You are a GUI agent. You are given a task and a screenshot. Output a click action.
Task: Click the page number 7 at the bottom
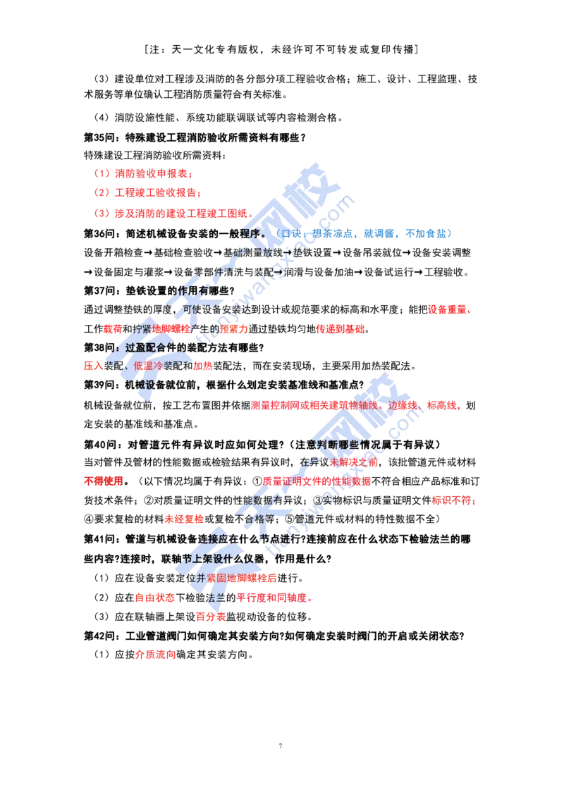pyautogui.click(x=280, y=746)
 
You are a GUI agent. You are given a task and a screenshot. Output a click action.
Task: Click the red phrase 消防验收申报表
pyautogui.click(x=151, y=174)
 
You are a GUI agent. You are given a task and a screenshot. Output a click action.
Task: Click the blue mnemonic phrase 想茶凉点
pyautogui.click(x=333, y=233)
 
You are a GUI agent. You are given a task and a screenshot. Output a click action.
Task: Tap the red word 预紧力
pyautogui.click(x=234, y=329)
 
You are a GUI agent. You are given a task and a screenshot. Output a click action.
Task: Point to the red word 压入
pyautogui.click(x=94, y=366)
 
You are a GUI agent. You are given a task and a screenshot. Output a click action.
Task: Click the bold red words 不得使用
pyautogui.click(x=104, y=481)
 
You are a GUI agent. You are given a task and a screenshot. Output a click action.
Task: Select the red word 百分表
pyautogui.click(x=211, y=617)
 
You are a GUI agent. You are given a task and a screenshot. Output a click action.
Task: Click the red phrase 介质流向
pyautogui.click(x=156, y=655)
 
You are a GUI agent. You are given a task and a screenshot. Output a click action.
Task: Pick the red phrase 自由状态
pyautogui.click(x=155, y=598)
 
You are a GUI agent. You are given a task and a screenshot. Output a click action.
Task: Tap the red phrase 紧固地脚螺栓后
pyautogui.click(x=242, y=578)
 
